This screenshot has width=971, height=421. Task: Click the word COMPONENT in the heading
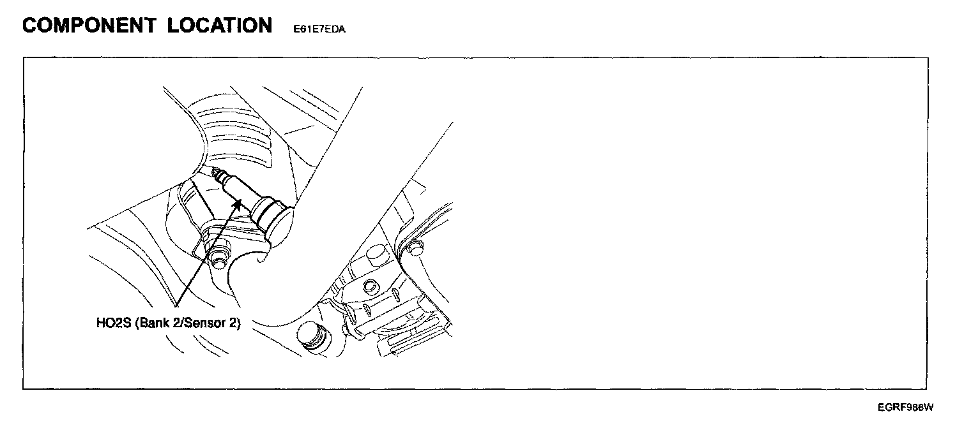point(89,26)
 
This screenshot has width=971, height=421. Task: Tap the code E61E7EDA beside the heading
point(319,29)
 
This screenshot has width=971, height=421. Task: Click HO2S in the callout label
point(113,323)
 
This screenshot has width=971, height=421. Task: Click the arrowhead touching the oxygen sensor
point(238,203)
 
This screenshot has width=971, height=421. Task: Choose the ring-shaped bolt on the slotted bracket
point(369,284)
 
